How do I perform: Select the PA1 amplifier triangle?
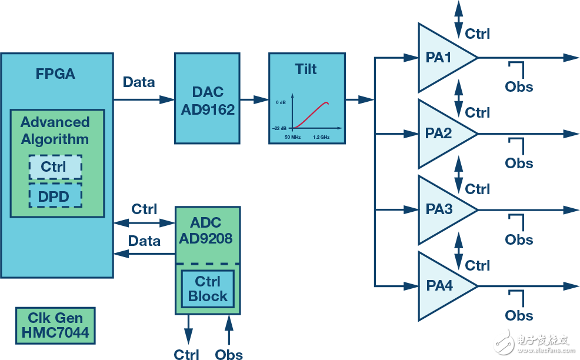441,58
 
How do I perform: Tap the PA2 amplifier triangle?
441,134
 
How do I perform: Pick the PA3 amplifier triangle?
441,209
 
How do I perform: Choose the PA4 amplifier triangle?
441,286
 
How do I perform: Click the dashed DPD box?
55,196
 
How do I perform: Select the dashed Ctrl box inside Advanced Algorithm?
55,167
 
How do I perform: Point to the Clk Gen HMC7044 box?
55,325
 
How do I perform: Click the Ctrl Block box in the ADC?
207,288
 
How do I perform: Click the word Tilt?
306,69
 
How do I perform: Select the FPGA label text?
55,75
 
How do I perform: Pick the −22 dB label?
279,128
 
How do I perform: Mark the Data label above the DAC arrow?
139,82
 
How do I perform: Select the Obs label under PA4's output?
519,316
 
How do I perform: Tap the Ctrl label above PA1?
477,34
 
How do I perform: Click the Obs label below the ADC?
229,354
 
